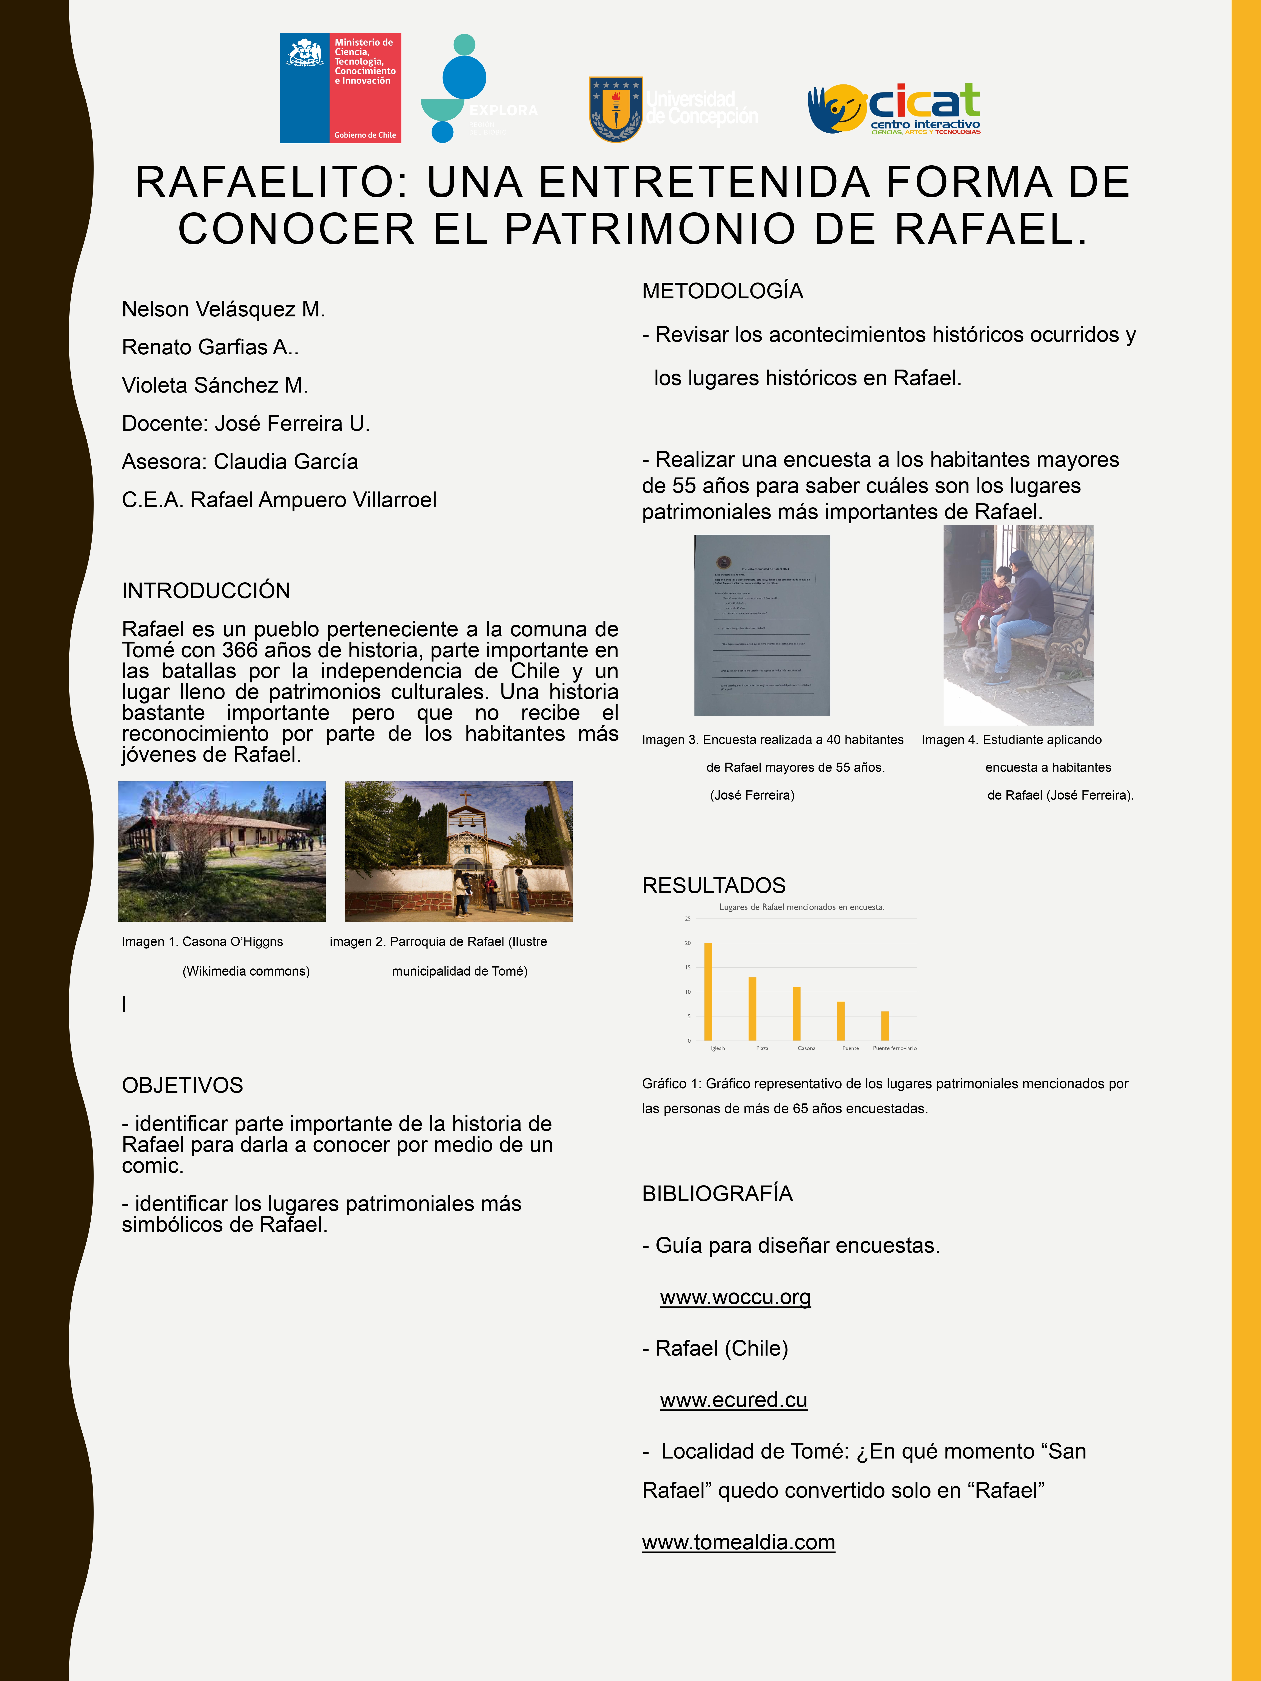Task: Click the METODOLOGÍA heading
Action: point(722,291)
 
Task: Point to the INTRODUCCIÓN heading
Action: point(206,590)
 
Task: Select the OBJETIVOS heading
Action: point(182,1085)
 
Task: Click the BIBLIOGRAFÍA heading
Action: point(717,1194)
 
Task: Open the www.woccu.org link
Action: point(735,1297)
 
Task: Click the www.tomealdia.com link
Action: point(738,1542)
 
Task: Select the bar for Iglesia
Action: point(708,992)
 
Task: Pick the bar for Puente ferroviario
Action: point(885,1026)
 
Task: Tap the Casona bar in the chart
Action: point(797,1014)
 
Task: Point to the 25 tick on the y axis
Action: point(688,919)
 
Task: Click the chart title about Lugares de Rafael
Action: point(802,907)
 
